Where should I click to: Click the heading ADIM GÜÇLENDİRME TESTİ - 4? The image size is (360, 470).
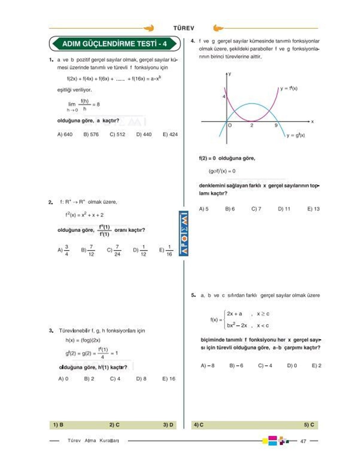[x=115, y=44]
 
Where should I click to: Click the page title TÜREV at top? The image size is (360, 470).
[x=184, y=28]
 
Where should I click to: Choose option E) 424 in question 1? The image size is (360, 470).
[x=170, y=135]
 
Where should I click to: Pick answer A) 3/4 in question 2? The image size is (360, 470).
[x=63, y=250]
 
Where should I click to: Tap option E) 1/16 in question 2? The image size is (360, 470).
[x=166, y=250]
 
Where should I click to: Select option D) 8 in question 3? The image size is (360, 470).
[x=141, y=379]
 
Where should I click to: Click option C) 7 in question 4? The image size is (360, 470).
[x=256, y=209]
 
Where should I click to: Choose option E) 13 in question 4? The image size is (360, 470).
[x=313, y=209]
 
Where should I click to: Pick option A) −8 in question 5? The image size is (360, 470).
[x=208, y=366]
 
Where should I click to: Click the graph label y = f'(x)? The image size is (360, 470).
[x=289, y=88]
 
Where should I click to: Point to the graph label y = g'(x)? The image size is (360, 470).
[x=295, y=135]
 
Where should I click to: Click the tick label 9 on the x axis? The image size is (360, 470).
[x=276, y=126]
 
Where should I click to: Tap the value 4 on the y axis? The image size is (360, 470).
[x=224, y=97]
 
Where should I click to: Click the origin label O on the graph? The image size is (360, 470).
[x=230, y=126]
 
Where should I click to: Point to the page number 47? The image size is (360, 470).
[x=303, y=441]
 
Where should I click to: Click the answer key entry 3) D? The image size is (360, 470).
[x=168, y=425]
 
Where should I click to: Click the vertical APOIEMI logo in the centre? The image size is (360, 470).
[x=184, y=234]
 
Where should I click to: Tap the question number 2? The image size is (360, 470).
[x=51, y=202]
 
